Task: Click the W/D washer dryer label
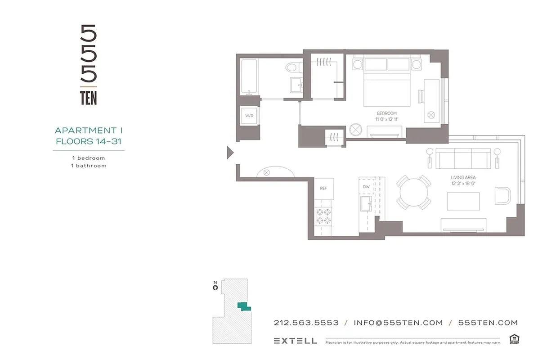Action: click(249, 116)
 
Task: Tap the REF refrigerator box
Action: click(323, 189)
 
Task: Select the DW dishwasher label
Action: click(366, 187)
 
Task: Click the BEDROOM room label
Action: click(386, 113)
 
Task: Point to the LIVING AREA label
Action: click(463, 178)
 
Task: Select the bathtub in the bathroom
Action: click(248, 76)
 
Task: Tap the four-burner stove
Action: click(323, 215)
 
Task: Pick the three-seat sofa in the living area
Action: click(463, 158)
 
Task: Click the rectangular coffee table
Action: click(463, 201)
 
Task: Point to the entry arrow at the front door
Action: click(229, 153)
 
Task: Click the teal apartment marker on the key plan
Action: click(244, 306)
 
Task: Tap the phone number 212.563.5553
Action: click(306, 323)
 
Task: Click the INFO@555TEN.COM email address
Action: click(398, 323)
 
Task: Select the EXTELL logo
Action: click(295, 341)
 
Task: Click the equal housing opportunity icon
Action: click(514, 339)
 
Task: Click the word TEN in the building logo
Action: click(88, 98)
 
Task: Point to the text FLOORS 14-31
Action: click(89, 141)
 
